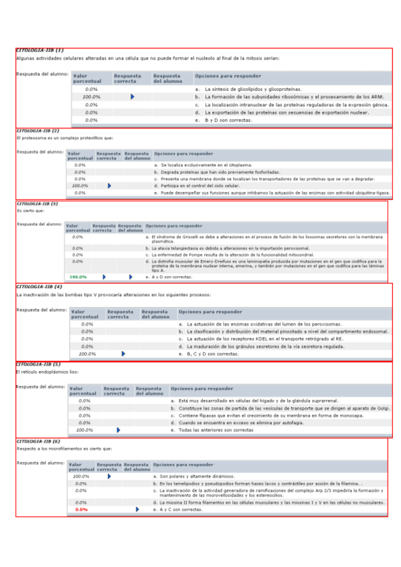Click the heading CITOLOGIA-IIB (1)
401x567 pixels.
click(x=39, y=50)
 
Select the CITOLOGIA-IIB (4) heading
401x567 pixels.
click(x=39, y=286)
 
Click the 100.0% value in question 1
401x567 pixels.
click(x=91, y=97)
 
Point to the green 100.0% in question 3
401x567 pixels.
click(x=79, y=276)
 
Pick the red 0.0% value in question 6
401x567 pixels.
click(x=82, y=509)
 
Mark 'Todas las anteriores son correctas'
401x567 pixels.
click(x=215, y=430)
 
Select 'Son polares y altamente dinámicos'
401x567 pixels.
click(x=194, y=476)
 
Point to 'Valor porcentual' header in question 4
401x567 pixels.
click(x=86, y=314)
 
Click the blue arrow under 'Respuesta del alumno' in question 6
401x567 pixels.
click(x=137, y=509)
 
